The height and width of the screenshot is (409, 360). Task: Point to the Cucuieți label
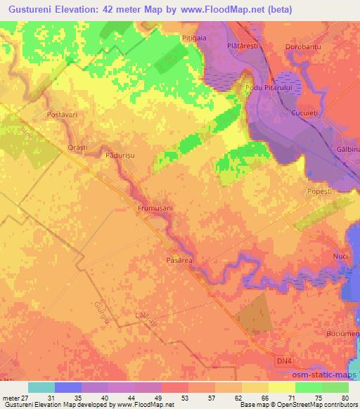point(307,113)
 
